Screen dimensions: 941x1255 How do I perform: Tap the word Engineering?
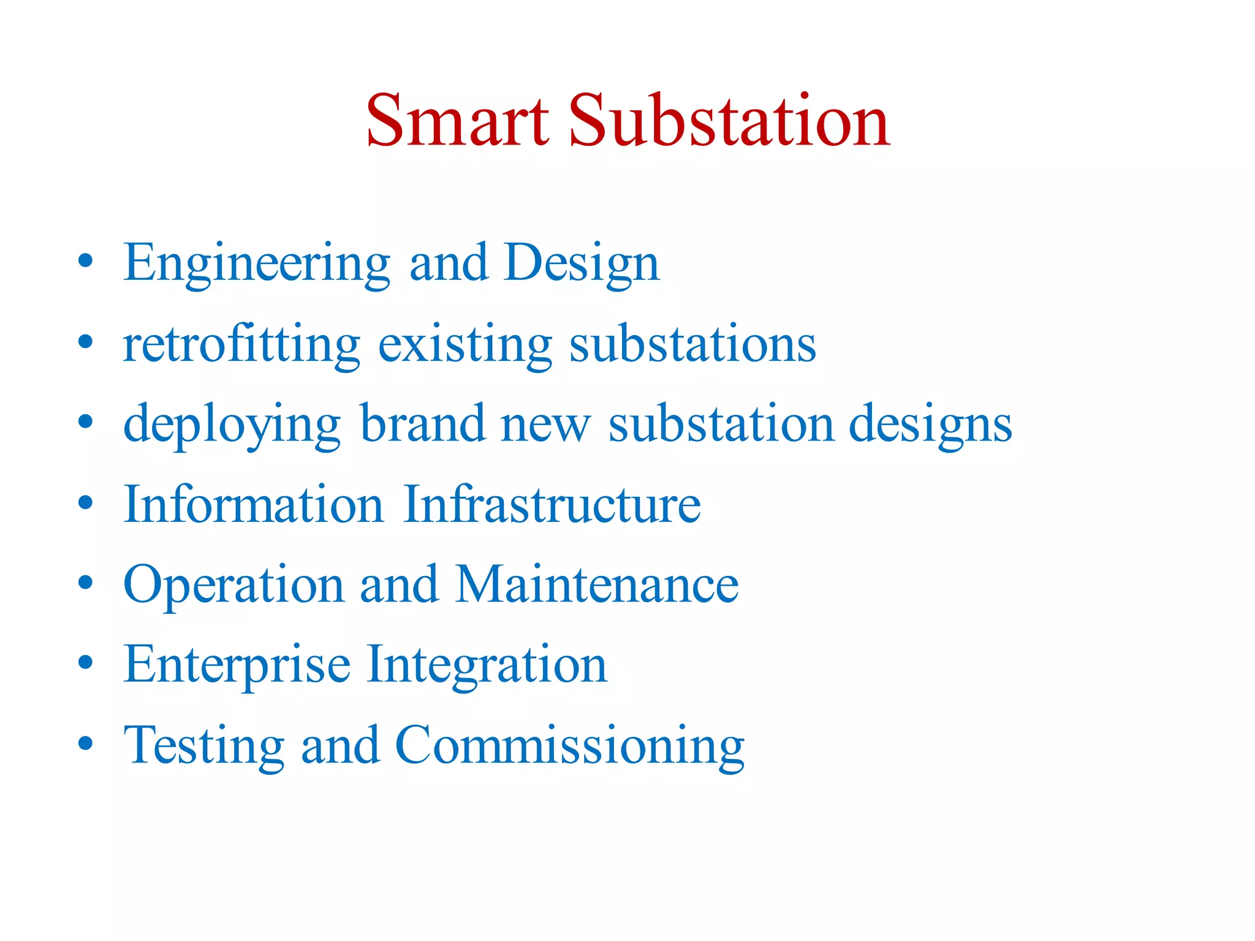(256, 263)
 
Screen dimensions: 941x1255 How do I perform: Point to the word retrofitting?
(241, 344)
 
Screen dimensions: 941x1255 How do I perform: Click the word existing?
(464, 344)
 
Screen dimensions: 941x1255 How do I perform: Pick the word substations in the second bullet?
(692, 344)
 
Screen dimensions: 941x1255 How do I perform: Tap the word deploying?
(232, 425)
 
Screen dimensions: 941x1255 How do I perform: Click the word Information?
(253, 504)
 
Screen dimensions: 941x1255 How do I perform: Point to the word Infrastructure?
(552, 504)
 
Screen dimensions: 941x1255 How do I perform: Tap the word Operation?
(233, 585)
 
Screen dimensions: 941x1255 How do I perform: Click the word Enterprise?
(237, 665)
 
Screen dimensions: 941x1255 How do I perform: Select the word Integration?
(487, 665)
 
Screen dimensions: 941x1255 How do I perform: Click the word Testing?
(203, 746)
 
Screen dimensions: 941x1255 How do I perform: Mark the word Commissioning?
(570, 746)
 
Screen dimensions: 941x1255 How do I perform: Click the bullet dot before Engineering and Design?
(86, 260)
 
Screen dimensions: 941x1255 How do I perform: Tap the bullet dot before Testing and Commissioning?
(86, 743)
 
